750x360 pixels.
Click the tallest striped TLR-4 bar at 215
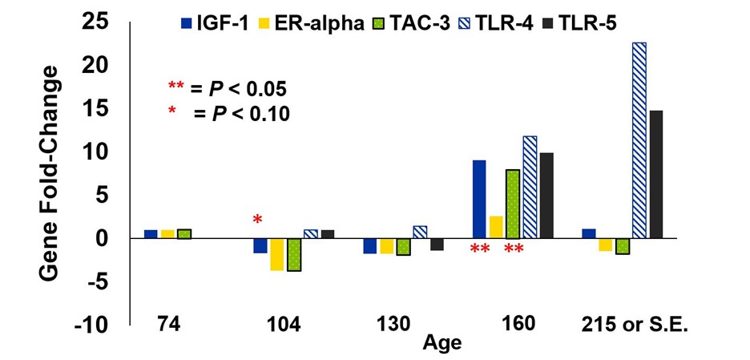click(x=639, y=140)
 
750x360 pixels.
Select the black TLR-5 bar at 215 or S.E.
click(x=656, y=174)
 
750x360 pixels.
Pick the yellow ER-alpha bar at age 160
click(x=496, y=227)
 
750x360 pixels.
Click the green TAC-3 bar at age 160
click(x=513, y=204)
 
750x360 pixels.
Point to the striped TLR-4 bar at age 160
click(x=530, y=187)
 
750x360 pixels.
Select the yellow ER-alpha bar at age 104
click(x=277, y=254)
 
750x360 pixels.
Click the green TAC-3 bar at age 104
click(x=294, y=255)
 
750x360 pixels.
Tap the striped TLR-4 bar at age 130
click(x=420, y=232)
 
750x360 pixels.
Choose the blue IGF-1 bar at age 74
click(x=151, y=234)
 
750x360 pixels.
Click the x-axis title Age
click(x=444, y=343)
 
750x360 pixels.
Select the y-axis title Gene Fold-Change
click(x=52, y=172)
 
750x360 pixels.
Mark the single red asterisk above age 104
click(x=257, y=220)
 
